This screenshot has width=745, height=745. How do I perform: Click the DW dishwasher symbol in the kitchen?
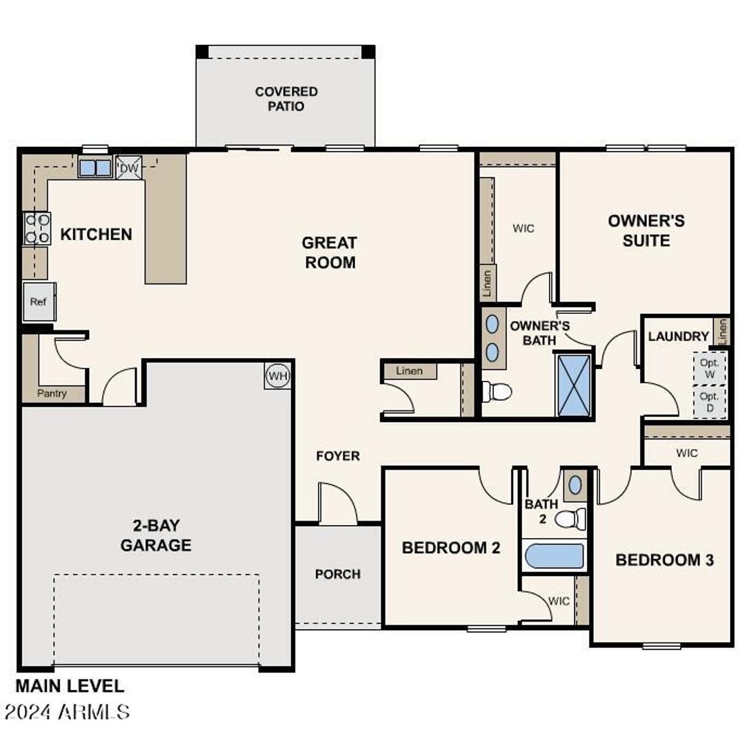coord(129,168)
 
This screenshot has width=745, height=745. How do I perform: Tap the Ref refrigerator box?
coord(39,302)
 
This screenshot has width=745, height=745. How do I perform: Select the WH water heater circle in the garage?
coord(277,376)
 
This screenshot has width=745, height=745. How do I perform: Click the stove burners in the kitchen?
coord(37,228)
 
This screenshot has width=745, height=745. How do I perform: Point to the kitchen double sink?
coord(95,168)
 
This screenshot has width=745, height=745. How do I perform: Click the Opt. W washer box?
coord(709,368)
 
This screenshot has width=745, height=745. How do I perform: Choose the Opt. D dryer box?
coord(709,401)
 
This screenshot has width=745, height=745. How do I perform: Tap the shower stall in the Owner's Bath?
coord(574,385)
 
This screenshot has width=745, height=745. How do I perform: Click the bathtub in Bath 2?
coord(554,556)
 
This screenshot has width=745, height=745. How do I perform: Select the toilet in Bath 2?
coord(570,518)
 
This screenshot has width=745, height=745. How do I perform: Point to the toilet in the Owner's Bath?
coord(497,392)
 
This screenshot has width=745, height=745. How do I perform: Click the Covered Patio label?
coord(286,99)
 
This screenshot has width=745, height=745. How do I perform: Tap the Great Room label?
coord(330,252)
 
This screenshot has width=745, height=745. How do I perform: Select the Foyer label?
coord(338,456)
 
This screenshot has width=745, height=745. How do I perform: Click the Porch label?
coord(338,574)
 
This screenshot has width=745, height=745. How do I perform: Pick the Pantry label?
coord(52,394)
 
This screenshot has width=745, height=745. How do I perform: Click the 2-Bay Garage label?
coord(156,536)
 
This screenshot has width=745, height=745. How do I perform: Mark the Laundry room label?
coord(678,337)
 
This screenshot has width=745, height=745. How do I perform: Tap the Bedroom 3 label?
coord(664,560)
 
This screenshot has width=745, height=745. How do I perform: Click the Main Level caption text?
coord(70,686)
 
